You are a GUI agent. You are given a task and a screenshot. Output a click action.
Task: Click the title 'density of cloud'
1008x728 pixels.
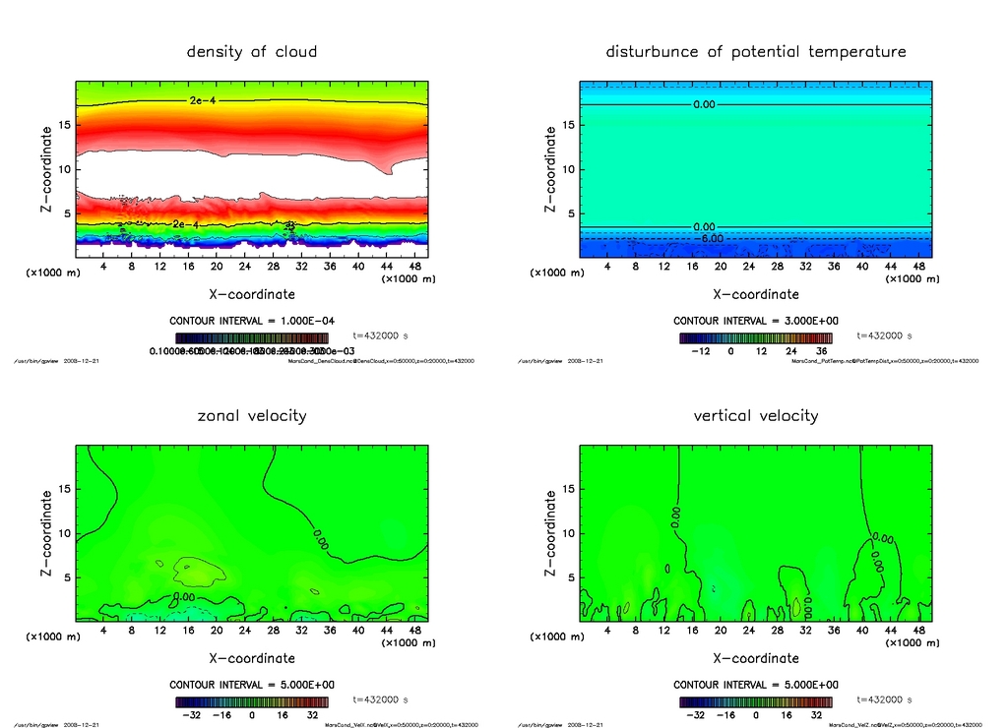(x=252, y=51)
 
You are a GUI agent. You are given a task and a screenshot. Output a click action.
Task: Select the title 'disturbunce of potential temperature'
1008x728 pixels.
(x=755, y=51)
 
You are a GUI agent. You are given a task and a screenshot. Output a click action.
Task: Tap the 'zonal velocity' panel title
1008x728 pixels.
(x=252, y=415)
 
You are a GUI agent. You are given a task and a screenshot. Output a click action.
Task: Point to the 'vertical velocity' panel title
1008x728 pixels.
(x=755, y=415)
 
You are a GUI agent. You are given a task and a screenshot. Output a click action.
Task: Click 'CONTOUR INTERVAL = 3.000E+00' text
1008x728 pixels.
(x=755, y=321)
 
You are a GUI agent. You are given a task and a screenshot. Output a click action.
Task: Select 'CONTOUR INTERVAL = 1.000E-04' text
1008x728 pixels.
(x=252, y=321)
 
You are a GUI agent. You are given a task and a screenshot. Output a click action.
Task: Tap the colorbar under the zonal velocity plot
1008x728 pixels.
(x=252, y=702)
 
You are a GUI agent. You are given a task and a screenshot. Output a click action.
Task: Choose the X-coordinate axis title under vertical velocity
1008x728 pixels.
(x=755, y=657)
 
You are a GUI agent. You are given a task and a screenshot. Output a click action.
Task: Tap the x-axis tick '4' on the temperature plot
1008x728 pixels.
(x=607, y=267)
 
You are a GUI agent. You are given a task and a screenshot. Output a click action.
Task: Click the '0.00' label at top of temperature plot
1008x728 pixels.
(x=704, y=104)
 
